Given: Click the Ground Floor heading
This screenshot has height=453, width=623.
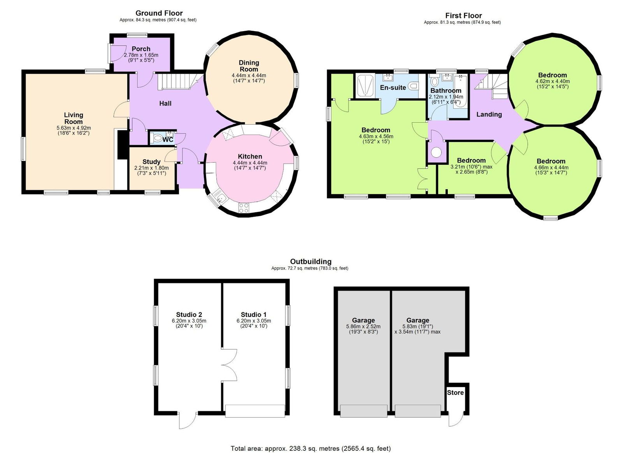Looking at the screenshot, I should [159, 13].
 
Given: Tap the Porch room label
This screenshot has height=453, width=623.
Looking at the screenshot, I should [141, 49].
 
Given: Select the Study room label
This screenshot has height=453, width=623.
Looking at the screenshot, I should [151, 162].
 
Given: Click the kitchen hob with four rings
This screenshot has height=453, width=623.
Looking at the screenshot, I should [244, 208].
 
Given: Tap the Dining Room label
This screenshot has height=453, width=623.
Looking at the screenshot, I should [249, 66].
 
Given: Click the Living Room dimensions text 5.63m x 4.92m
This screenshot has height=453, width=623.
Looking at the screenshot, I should [74, 128].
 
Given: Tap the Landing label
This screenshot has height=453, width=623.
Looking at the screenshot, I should [489, 114].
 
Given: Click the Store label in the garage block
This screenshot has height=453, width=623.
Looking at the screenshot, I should [455, 392].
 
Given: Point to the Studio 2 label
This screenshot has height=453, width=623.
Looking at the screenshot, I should [189, 314].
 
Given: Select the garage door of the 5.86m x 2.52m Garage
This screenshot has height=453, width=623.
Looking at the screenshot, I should [364, 411].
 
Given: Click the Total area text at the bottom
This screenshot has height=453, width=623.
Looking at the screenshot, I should [310, 448].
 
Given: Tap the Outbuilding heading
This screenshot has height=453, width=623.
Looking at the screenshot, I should [310, 261].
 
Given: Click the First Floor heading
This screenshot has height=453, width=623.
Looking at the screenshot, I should [463, 16].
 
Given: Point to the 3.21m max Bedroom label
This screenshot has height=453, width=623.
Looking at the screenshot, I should [471, 160].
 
